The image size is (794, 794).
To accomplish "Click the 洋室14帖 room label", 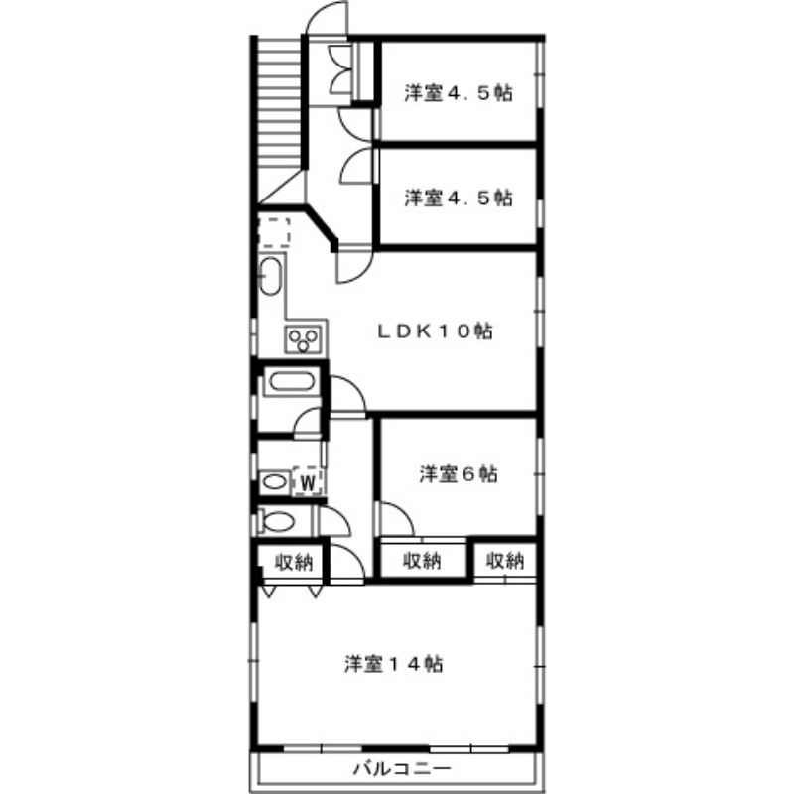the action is (x=393, y=664).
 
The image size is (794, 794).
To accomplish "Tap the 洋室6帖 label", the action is (x=459, y=474).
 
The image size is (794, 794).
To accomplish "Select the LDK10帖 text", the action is (x=435, y=331).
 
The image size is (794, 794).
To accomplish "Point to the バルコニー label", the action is (x=402, y=769).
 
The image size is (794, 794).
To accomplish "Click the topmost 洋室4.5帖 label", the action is (x=459, y=93).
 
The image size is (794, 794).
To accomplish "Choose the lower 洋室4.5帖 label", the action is (x=459, y=197).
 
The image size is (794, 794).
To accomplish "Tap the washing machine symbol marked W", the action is (x=308, y=481).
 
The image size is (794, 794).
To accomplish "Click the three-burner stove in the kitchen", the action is (x=304, y=338).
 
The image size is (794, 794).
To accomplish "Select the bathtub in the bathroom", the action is (x=291, y=381).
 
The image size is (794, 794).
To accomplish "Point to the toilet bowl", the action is (x=277, y=522).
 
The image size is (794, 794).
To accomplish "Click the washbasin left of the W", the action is (x=275, y=481).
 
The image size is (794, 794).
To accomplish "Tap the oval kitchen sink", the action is (x=270, y=276).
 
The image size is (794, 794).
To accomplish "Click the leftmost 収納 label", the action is (x=294, y=562).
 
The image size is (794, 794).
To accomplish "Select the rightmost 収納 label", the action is (x=505, y=560).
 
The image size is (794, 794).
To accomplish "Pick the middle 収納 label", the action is (x=422, y=560).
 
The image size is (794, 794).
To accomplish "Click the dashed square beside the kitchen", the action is (x=274, y=232).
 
